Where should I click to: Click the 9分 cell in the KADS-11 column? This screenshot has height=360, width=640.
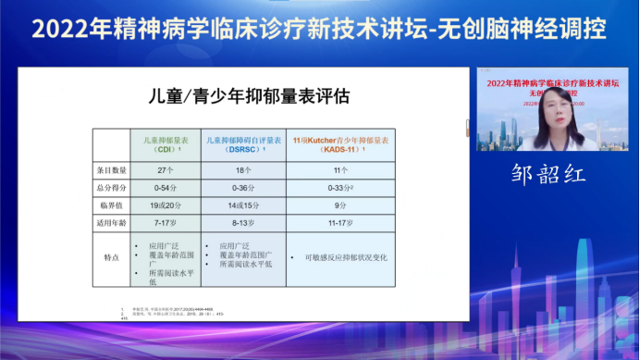click(x=338, y=205)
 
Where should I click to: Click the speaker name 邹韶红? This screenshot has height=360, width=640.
click(x=549, y=174)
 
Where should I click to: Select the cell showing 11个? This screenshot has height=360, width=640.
click(x=338, y=170)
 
